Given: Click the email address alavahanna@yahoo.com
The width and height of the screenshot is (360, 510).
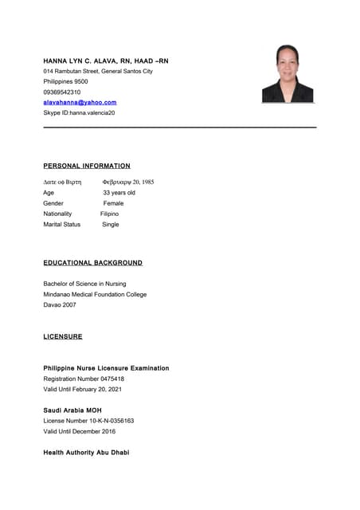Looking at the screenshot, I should pos(80,103).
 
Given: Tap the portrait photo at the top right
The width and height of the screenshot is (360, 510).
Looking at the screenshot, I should pos(288,73).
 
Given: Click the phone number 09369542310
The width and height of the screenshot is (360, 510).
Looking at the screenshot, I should pos(61,92).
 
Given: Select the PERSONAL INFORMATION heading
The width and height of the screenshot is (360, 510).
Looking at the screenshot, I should pos(87,166).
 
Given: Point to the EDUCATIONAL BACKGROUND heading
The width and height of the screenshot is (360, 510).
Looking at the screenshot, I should pos(92,262).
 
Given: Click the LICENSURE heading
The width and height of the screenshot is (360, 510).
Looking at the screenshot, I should pos(63,337).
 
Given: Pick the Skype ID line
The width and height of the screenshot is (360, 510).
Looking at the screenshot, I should pos(79,113).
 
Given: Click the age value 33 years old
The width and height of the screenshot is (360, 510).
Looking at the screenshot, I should pos(119,193).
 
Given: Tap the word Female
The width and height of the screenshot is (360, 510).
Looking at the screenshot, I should pos(113,203).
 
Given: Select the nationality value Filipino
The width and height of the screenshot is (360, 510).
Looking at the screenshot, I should pos(109,214).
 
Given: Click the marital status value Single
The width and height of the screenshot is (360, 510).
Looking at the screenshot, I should pos(110,225).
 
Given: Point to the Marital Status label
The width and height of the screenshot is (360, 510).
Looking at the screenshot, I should pos(61,225).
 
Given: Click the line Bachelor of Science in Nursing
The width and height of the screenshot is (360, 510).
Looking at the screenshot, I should pos(84,284).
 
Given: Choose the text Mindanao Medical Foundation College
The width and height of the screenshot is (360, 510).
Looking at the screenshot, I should pos(95,294).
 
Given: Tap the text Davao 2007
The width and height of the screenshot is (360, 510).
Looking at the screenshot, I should pos(60,304).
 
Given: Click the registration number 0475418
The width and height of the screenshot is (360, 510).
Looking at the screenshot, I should pos(108,379).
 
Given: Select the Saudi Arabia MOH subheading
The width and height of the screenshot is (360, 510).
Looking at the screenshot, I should pos(72,410).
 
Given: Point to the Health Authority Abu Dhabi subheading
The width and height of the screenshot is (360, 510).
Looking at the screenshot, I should pos(86,453).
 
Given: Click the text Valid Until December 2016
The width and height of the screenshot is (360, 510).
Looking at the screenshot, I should pos(79,431).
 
